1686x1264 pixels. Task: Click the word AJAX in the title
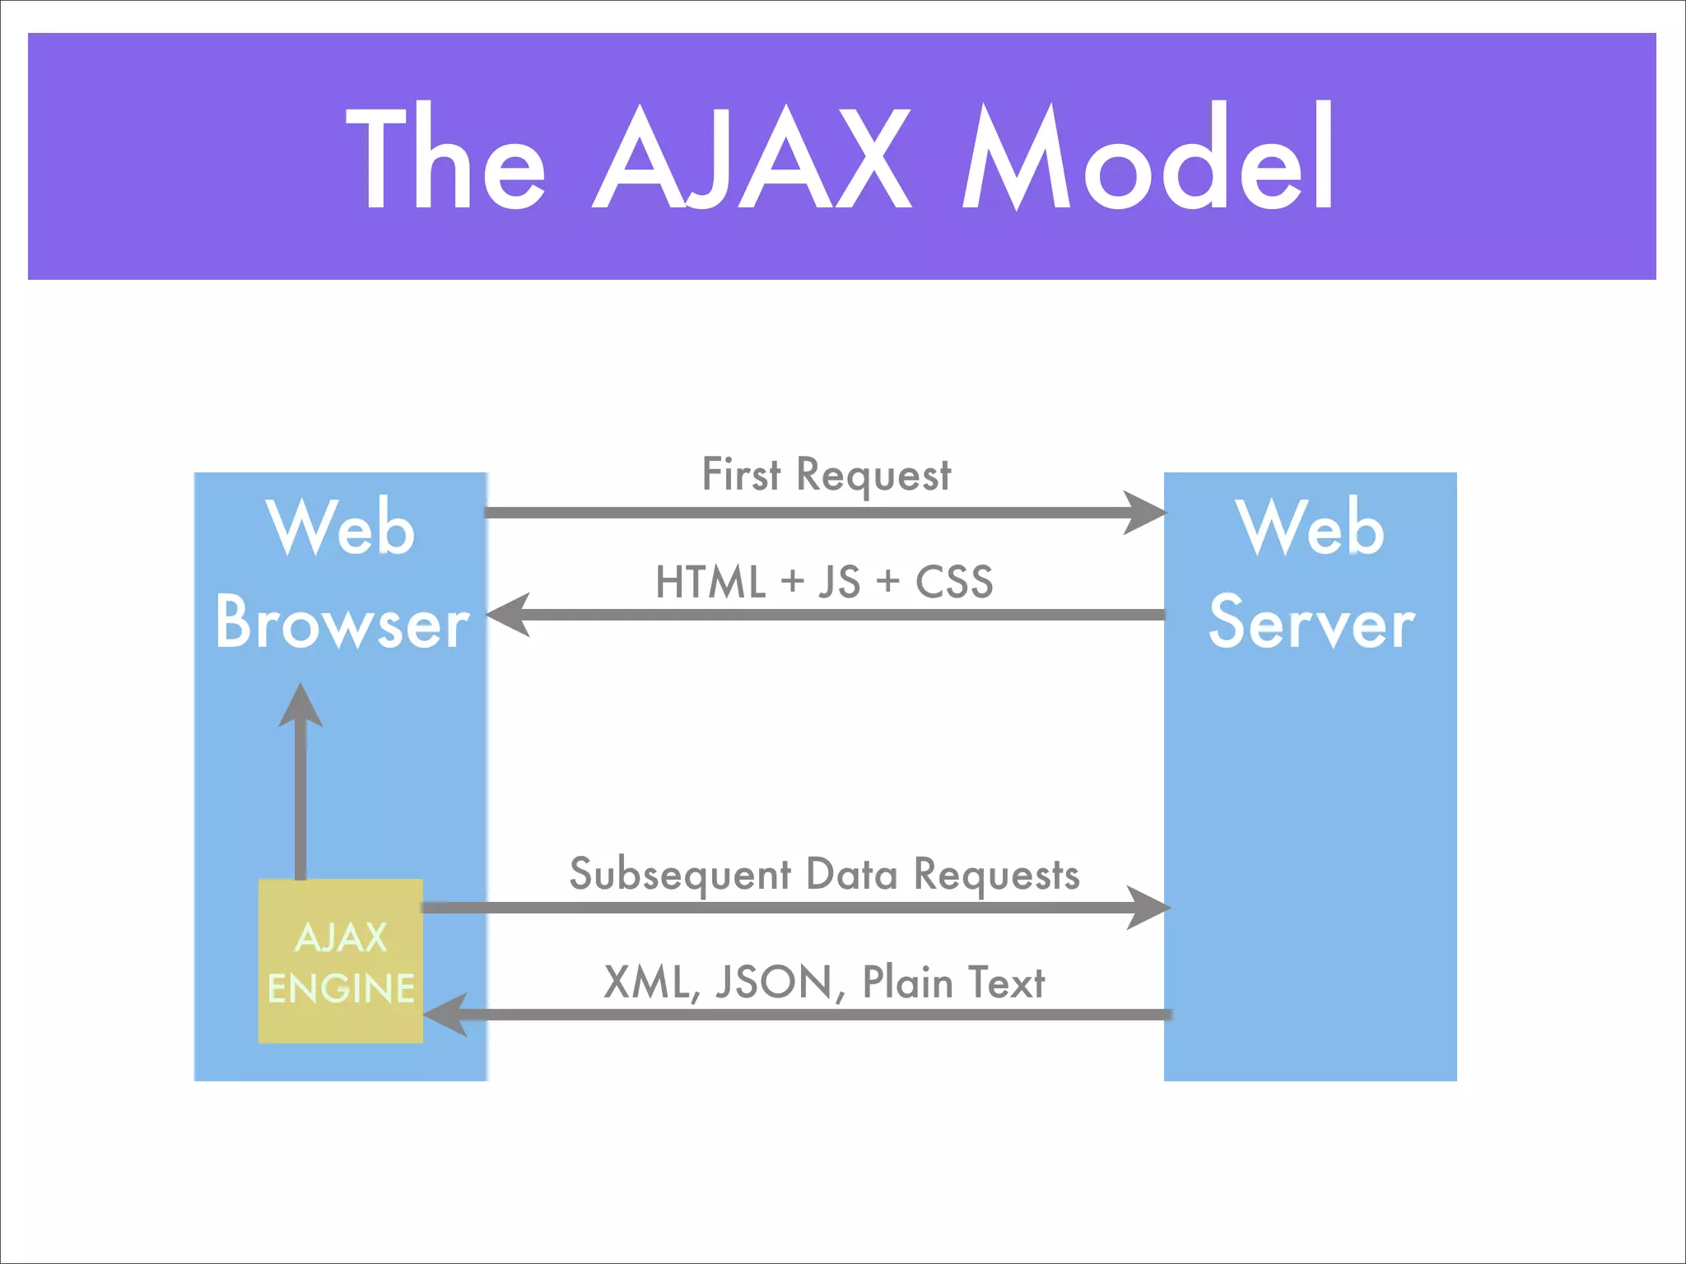point(751,158)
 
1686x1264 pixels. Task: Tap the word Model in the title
point(1148,158)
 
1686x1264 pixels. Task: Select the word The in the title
point(445,158)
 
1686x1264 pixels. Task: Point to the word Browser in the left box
point(342,623)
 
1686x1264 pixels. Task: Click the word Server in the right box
point(1311,623)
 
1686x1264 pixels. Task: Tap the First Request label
point(826,476)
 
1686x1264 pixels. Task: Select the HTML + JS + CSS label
point(824,582)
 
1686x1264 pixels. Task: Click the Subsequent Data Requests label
point(824,874)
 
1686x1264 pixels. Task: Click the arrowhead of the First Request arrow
point(1146,513)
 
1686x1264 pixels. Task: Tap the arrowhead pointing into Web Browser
point(507,615)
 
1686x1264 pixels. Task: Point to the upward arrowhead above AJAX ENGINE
point(300,706)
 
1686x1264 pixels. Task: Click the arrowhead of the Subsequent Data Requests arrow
point(1149,908)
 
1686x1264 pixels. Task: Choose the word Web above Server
point(1311,528)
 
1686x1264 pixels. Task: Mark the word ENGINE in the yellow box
point(341,988)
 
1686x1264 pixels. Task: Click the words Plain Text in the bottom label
point(952,983)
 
